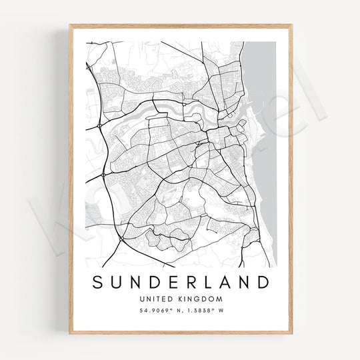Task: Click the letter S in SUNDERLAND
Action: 98,282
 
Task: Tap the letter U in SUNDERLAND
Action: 117,282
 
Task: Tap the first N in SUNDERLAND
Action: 136,282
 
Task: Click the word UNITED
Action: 155,299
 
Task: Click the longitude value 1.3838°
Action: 199,311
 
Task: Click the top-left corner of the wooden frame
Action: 70,26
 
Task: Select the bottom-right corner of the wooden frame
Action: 291,333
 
